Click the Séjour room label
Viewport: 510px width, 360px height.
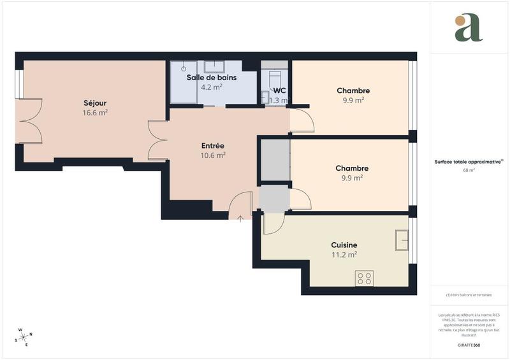pos(95,103)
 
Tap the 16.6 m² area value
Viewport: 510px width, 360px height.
pos(95,112)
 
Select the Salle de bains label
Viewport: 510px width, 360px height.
pos(211,78)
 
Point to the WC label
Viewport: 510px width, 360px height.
pos(279,90)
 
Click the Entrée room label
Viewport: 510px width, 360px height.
pos(212,146)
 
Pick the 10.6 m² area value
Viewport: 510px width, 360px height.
pos(213,155)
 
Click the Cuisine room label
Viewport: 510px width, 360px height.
pos(344,245)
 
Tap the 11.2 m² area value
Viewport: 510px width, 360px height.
pos(344,254)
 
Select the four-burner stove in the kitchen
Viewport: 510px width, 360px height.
pos(365,278)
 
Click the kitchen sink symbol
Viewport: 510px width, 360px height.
pos(402,240)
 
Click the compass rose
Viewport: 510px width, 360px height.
pos(24,336)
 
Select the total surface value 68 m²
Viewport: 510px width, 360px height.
pos(469,171)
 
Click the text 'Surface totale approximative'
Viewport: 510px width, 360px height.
pos(468,162)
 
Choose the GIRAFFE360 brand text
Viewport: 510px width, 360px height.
pos(469,344)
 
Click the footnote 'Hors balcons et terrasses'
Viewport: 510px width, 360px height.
pos(469,294)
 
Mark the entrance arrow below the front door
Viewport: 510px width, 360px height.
pos(240,219)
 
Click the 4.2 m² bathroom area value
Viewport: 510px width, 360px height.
pos(211,87)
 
